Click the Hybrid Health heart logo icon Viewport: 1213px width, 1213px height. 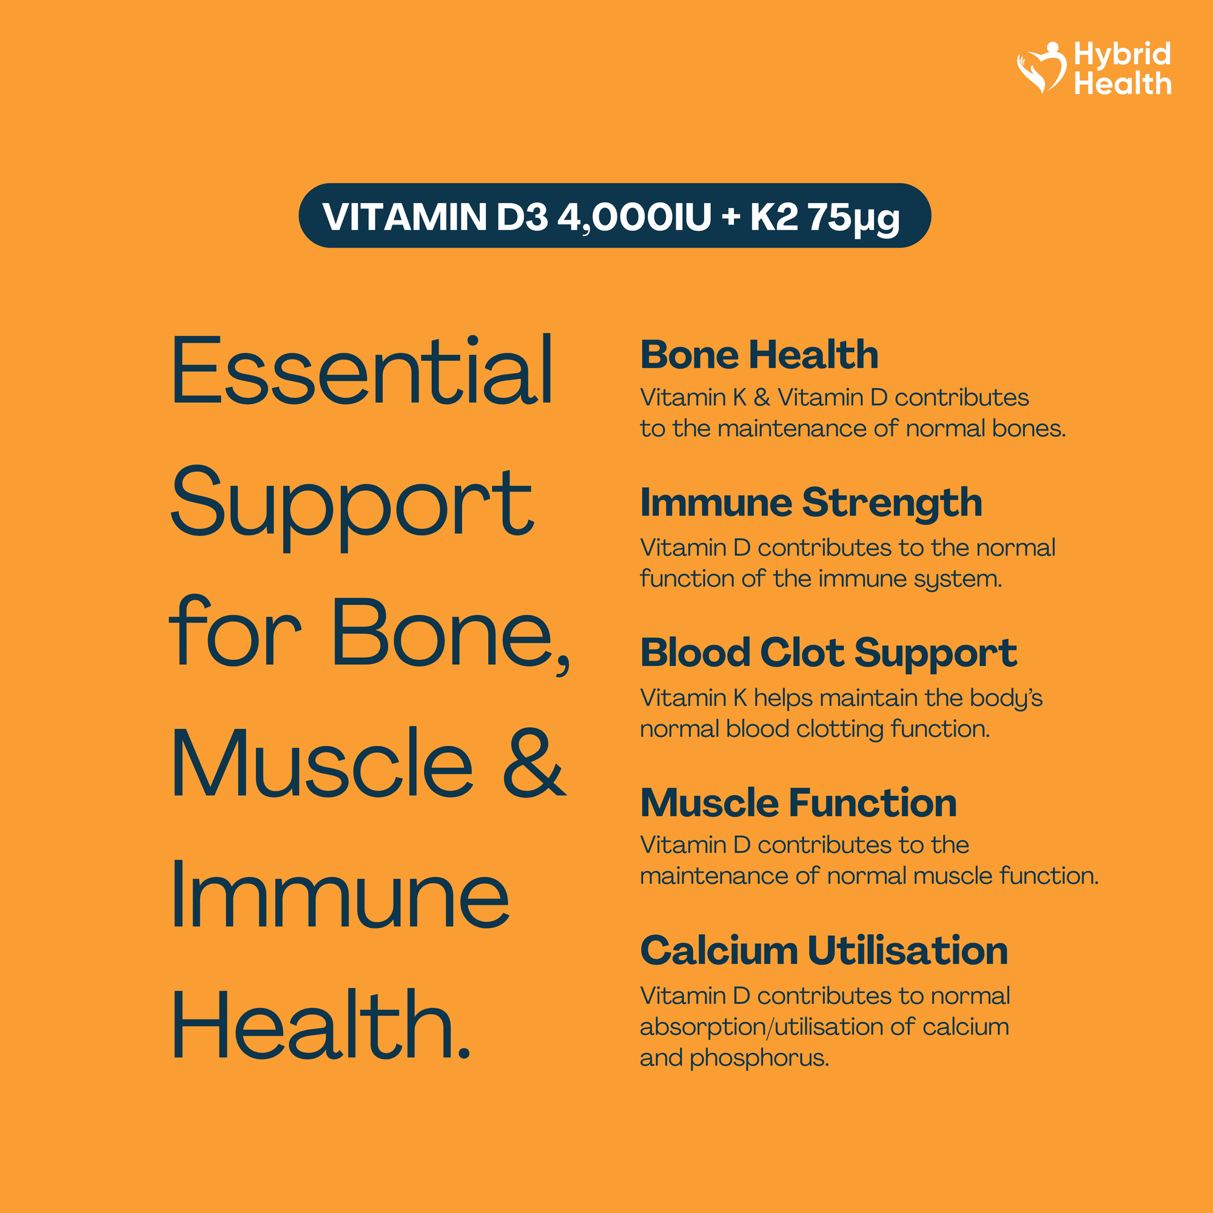[x=1041, y=68]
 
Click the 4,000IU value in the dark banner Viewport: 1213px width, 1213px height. [x=635, y=217]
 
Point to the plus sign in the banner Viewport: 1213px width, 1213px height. [x=731, y=217]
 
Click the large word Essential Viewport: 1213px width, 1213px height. [x=362, y=370]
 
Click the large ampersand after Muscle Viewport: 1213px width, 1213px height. [x=535, y=763]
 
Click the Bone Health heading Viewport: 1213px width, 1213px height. [x=759, y=355]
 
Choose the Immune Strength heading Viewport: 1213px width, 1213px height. [x=811, y=504]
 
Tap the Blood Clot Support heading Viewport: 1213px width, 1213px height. [x=828, y=654]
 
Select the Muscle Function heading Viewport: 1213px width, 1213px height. [x=799, y=803]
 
